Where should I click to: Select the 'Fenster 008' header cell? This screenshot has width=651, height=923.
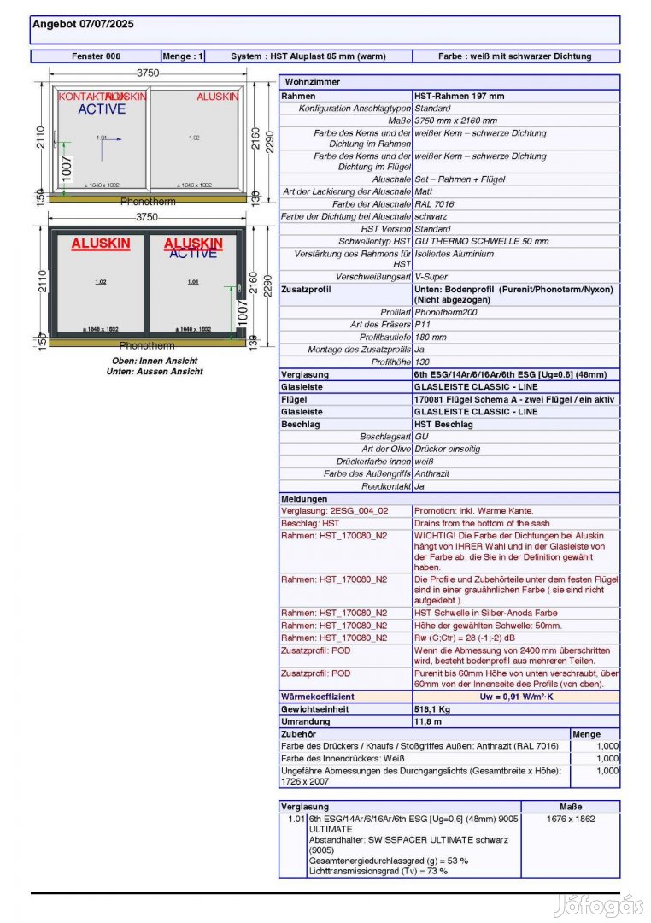[x=96, y=56]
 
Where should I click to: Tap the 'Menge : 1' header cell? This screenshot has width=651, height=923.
[x=183, y=56]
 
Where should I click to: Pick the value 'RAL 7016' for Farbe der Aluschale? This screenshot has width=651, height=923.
[x=434, y=204]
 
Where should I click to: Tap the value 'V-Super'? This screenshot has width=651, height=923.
[x=431, y=277]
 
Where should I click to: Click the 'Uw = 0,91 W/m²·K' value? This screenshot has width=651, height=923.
[x=516, y=697]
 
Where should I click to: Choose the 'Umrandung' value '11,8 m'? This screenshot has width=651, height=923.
[x=428, y=721]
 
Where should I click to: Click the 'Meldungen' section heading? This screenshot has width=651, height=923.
[x=303, y=498]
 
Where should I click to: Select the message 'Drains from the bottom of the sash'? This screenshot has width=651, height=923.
[x=482, y=523]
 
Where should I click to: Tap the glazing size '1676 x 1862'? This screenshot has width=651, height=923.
[x=570, y=818]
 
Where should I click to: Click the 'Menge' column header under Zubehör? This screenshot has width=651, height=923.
[x=586, y=733]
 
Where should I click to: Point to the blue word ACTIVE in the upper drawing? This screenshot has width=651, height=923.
[x=102, y=109]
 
